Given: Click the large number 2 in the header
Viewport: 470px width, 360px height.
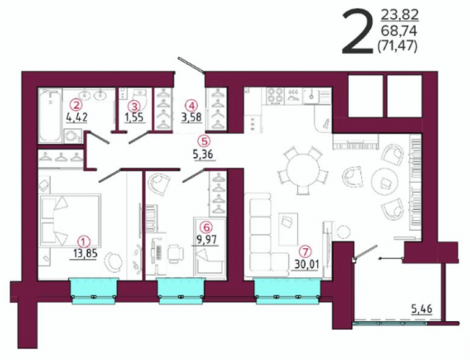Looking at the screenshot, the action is coord(358,32).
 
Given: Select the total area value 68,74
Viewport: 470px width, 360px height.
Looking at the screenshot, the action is coord(399,30).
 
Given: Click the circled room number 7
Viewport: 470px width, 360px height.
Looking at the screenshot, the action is coord(305,252).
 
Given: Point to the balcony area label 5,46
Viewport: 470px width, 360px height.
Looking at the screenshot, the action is coord(422,308).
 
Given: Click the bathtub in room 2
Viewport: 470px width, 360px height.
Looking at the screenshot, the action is coord(50,115).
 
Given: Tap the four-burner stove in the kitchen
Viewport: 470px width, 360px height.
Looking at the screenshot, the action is coord(275,96).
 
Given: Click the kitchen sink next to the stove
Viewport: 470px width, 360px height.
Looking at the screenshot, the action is coord(312,95).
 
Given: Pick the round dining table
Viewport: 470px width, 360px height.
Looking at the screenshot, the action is coord(302,170).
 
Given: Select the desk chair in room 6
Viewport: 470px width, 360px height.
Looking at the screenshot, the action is coord(176,253).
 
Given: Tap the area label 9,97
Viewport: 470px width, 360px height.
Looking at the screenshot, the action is coord(207,240).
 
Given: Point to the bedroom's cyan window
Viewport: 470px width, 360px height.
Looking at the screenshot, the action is coord(94,292).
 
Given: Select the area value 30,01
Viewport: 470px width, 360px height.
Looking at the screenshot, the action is coord(305,264).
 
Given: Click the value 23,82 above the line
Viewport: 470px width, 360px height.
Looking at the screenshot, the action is coord(399,14).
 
